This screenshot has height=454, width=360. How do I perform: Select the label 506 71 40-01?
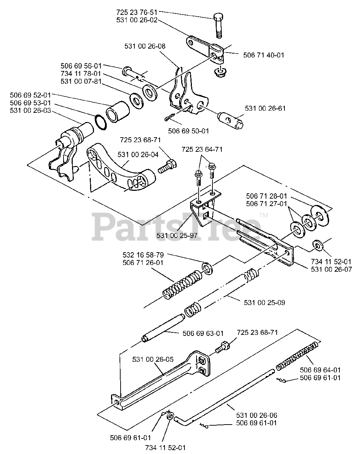[264, 55]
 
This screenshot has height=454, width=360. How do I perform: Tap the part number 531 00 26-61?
[265, 108]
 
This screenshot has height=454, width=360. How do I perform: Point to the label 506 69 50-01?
[188, 131]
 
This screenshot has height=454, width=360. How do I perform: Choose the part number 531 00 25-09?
[264, 303]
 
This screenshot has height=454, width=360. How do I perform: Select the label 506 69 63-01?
[203, 333]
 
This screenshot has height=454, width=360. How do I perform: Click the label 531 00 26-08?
[145, 46]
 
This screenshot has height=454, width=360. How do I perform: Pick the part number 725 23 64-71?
[202, 149]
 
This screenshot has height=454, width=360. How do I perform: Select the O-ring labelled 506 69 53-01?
[101, 122]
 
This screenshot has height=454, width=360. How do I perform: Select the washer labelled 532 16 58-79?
[207, 268]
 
